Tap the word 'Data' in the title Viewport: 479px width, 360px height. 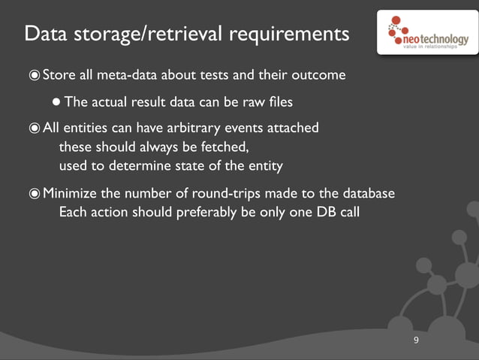(44, 35)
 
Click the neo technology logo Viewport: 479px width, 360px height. (426, 32)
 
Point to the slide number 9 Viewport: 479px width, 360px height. (416, 342)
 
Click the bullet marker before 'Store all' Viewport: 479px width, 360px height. (34, 75)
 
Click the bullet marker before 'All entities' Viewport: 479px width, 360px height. (34, 128)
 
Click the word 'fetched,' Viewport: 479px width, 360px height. (223, 147)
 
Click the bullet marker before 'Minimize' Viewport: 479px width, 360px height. (34, 194)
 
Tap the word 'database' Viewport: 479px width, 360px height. (368, 194)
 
